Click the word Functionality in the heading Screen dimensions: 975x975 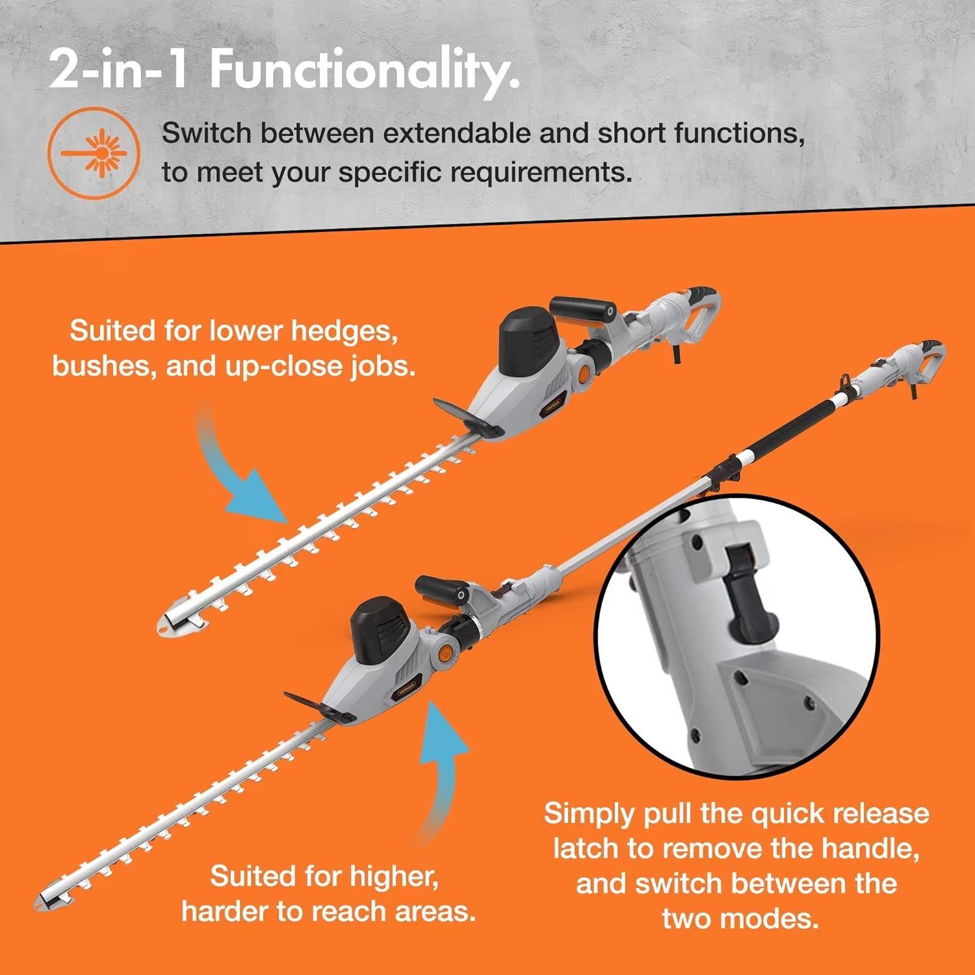(364, 71)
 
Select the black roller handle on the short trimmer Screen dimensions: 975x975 (582, 312)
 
